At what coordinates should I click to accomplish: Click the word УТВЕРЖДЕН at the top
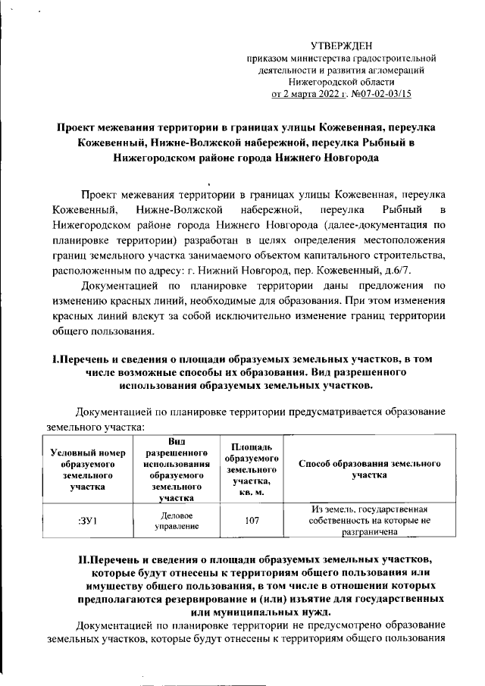342,45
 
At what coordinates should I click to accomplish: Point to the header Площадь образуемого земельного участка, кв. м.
250,467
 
